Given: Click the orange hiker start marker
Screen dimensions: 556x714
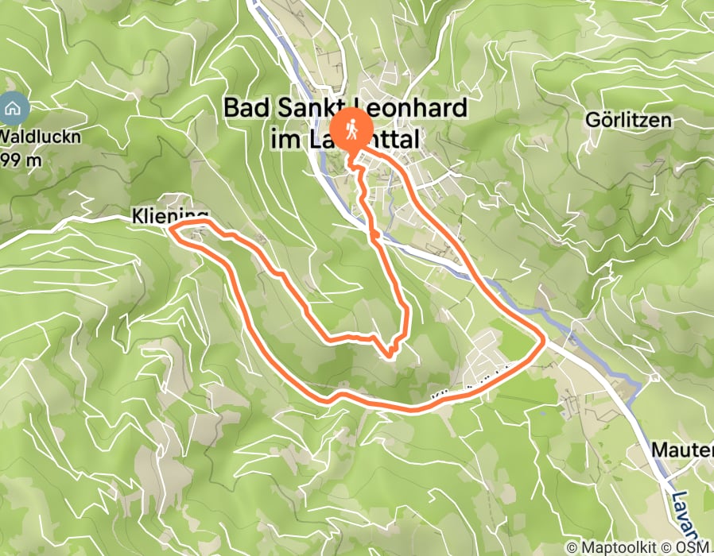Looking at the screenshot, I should coord(350,129).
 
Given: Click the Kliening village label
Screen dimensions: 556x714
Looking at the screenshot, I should coord(169,215).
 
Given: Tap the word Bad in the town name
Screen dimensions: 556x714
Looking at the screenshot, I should coord(243,108).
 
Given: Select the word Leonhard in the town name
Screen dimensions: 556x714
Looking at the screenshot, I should coord(417,108).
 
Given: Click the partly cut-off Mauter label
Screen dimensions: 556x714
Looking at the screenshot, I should coord(681,450).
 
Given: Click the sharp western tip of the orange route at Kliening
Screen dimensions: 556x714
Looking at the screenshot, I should coord(170,229).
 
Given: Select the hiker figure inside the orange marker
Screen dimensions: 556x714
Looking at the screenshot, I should coord(350,128).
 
